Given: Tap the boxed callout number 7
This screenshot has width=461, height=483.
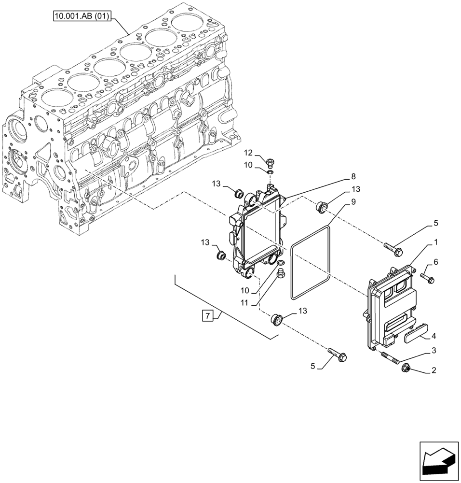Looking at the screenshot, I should coord(207,317).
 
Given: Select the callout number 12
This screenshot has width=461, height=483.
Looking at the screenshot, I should coord(248,153).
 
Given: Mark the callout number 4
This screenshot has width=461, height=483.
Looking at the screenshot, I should coord(434,336).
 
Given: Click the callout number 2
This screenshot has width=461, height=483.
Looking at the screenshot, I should coord(434,371).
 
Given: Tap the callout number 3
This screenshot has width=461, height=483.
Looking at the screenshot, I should coord(434,350).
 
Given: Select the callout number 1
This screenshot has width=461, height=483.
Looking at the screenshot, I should coord(435,241).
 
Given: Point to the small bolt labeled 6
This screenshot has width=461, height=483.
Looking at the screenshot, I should coord(427,277).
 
